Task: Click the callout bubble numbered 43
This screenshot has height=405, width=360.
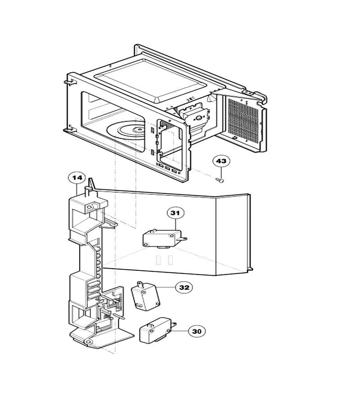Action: pyautogui.click(x=221, y=161)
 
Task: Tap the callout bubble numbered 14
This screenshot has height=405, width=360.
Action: pyautogui.click(x=77, y=178)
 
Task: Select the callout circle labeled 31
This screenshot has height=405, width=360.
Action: pyautogui.click(x=175, y=213)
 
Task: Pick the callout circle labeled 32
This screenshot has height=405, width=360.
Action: pyautogui.click(x=184, y=288)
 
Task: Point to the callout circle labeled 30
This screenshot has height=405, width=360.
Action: pyautogui.click(x=197, y=331)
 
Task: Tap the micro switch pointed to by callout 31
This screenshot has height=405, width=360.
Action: pyautogui.click(x=164, y=239)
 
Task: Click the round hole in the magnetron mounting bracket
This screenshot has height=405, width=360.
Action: pyautogui.click(x=199, y=118)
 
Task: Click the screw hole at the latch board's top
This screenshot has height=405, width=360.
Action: pyautogui.click(x=89, y=207)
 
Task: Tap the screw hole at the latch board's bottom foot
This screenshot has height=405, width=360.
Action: pyautogui.click(x=88, y=342)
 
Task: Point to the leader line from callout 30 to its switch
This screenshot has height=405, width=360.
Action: pyautogui.click(x=180, y=331)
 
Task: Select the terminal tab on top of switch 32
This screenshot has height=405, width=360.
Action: pyautogui.click(x=141, y=284)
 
